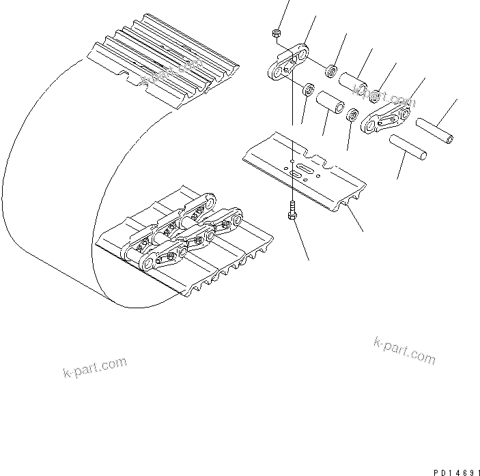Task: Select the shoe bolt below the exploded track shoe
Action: tap(292, 213)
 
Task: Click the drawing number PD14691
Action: tap(454, 471)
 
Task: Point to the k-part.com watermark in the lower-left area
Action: tap(93, 368)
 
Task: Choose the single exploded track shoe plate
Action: tap(304, 169)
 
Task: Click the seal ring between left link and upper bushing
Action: tap(331, 70)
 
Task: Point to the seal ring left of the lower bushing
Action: tap(308, 89)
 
